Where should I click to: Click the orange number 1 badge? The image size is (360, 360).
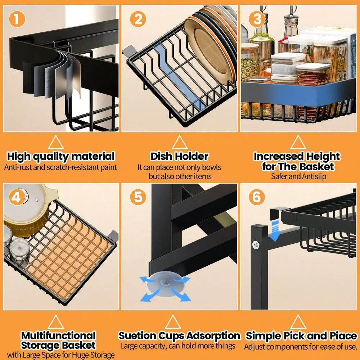[x=17, y=19]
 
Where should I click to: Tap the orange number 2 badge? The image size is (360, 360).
[x=138, y=19]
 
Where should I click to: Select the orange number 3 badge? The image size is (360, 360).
[x=257, y=19]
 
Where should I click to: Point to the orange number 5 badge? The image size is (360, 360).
[x=138, y=197]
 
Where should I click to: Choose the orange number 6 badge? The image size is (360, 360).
[x=257, y=197]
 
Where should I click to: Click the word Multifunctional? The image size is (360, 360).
[x=58, y=336]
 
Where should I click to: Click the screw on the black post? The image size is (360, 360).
[x=256, y=245]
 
